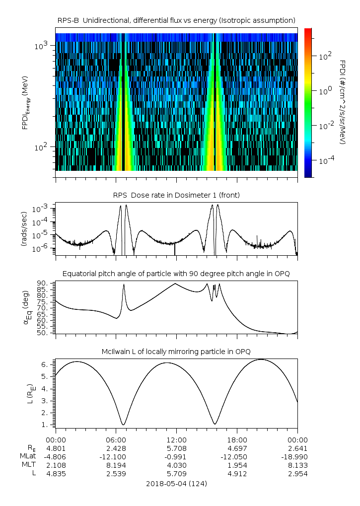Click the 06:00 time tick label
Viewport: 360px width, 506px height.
point(116,440)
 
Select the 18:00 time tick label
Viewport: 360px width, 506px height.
point(237,440)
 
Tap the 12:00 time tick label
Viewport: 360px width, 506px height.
point(176,440)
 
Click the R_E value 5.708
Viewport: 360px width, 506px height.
point(176,448)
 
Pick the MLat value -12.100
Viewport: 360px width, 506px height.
point(116,457)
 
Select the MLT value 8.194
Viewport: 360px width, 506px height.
point(116,465)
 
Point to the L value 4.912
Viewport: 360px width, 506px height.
point(237,474)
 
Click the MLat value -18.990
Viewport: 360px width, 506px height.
point(297,457)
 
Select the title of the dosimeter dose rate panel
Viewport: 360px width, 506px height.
point(176,195)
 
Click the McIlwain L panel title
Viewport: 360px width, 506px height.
point(176,352)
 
